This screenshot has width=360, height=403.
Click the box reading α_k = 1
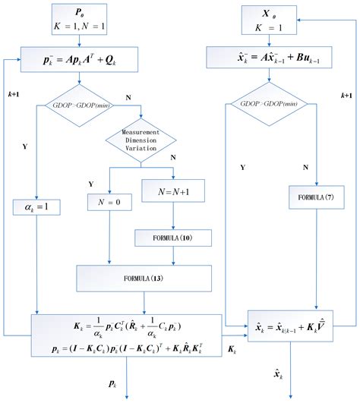[x=35, y=206]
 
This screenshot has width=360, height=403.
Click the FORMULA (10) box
[x=174, y=238]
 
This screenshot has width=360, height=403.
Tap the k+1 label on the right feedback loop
[x=346, y=96]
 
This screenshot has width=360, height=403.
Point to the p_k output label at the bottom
[x=113, y=385]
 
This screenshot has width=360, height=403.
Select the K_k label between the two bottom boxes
[x=234, y=350]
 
